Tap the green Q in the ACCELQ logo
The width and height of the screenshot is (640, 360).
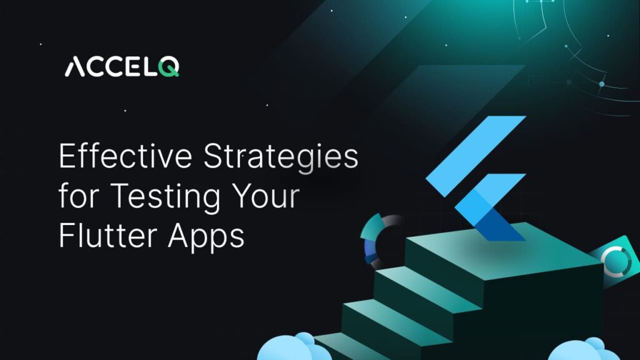point(169,66)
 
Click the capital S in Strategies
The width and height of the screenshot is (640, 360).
point(218,157)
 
